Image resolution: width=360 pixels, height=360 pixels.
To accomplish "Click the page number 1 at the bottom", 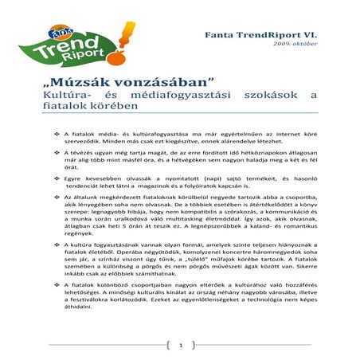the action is [180, 346].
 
